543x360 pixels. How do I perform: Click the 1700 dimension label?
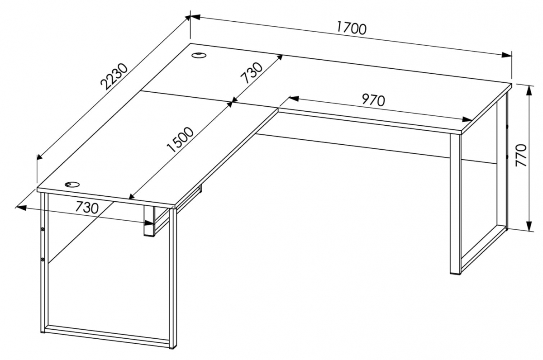pos(352,29)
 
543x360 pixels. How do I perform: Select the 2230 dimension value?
pos(114,76)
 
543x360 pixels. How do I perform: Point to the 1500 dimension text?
pos(181,140)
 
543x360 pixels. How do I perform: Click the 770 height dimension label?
pos(521,155)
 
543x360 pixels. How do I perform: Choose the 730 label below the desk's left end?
pos(87,208)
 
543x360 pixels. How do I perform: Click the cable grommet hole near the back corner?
pos(199,55)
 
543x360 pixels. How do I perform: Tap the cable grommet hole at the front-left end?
pos(72,185)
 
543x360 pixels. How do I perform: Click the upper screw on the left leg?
pos(43,229)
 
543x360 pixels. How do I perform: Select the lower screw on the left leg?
pos(43,260)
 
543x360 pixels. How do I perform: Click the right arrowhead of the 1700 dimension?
pos(507,55)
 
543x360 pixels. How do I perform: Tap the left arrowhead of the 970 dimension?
pos(294,98)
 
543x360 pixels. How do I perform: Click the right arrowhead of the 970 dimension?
pos(467,119)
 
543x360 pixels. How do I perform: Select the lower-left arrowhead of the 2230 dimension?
pos(39,157)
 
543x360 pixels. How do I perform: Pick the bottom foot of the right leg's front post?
pos(455,273)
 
